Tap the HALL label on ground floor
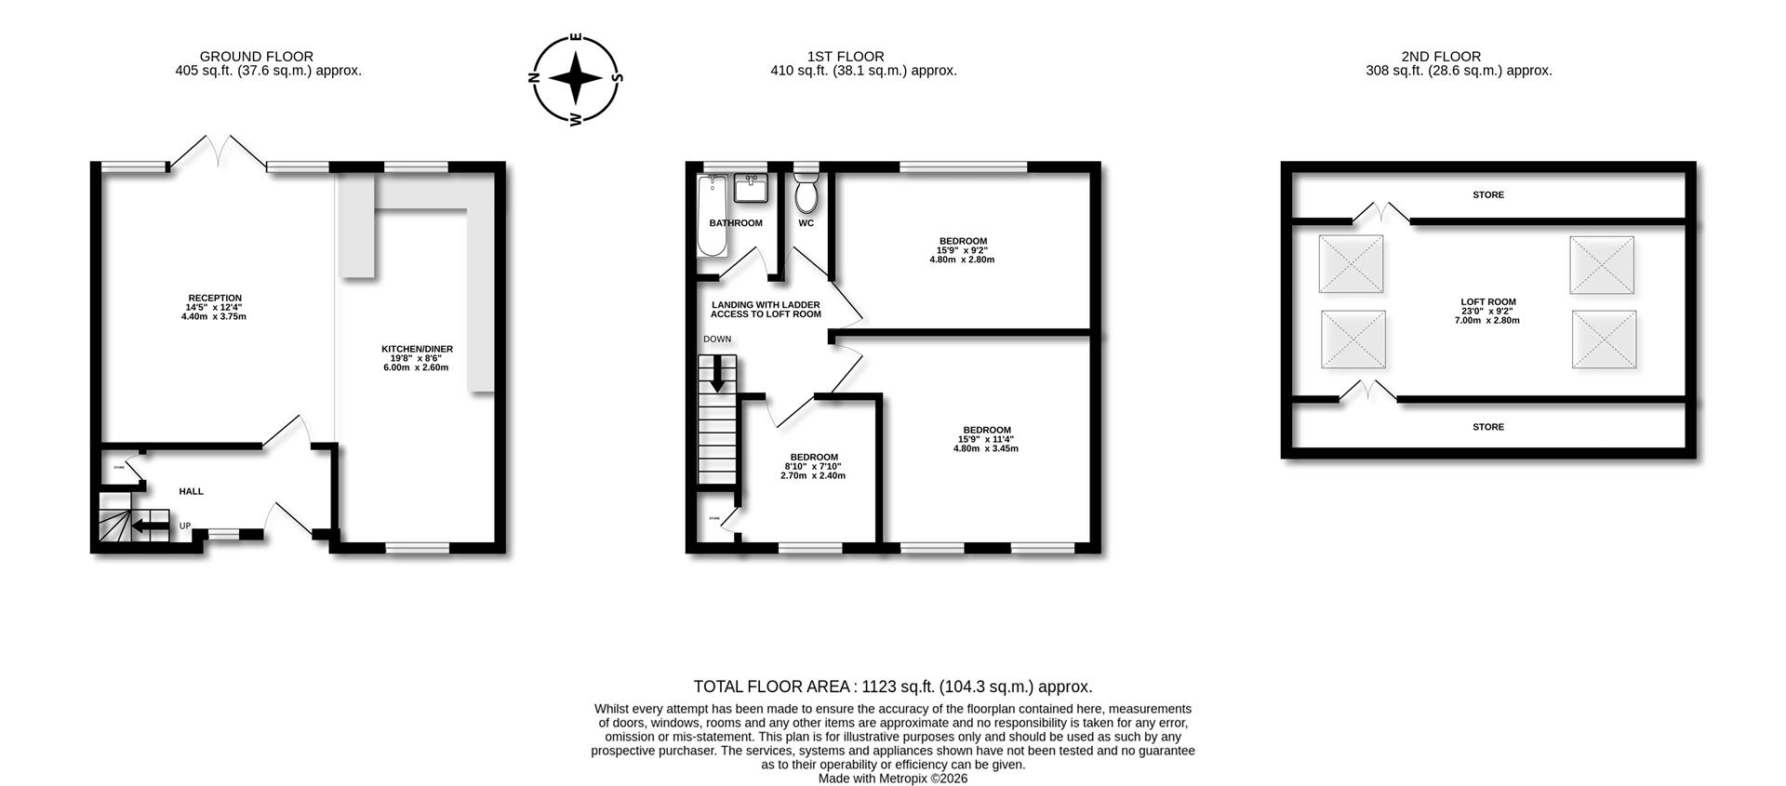click(191, 491)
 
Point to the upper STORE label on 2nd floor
click(1488, 195)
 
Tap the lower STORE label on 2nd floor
click(1488, 427)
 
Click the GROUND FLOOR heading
click(257, 57)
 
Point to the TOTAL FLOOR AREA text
click(893, 686)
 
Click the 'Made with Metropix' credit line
click(893, 779)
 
